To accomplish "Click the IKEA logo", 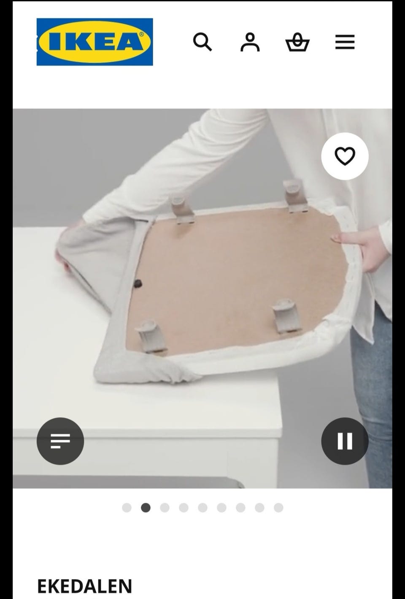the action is coord(95,42).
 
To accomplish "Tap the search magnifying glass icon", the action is coord(202,42).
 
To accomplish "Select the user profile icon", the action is coord(250,42).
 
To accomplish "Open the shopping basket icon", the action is coord(297,42).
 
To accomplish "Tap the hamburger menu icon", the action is coord(345,42).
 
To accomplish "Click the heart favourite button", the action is coord(345,156).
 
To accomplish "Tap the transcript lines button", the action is coord(60,441).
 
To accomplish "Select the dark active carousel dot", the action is coord(146,508).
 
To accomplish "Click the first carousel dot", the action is coord(127,508).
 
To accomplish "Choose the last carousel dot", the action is coord(278,508).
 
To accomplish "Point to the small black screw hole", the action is coord(138,283).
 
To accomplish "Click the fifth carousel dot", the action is coord(202,508).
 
